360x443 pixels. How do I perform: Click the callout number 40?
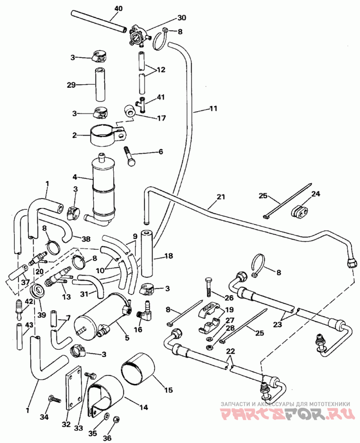(119, 9)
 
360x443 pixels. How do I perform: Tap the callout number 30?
(182, 18)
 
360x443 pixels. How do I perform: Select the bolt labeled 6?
(130, 157)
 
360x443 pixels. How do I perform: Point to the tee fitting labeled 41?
(143, 104)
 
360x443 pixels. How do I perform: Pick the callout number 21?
(220, 196)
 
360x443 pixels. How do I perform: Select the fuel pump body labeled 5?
(103, 315)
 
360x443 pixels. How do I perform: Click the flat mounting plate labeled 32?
(74, 388)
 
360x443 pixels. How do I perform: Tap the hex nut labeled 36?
(116, 419)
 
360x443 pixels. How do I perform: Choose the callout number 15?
(168, 390)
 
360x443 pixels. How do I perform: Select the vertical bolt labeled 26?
(208, 287)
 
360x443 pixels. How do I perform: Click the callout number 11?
(213, 108)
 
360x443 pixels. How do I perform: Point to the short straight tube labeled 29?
(99, 84)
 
